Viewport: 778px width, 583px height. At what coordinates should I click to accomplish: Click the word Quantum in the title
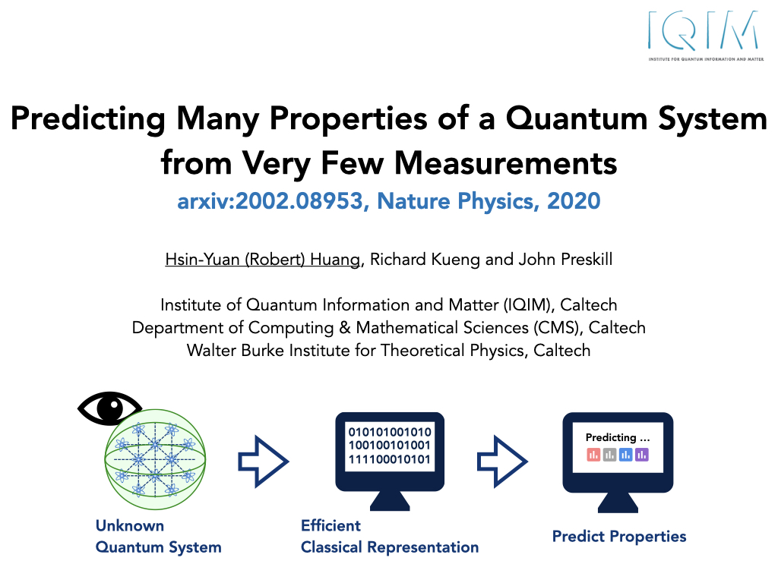click(577, 119)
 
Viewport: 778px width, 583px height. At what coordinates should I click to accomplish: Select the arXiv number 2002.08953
click(299, 200)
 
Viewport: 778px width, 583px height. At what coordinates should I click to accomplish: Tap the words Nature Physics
click(456, 201)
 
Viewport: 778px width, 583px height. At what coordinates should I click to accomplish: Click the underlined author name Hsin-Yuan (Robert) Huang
click(262, 260)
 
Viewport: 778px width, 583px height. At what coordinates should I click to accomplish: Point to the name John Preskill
click(565, 260)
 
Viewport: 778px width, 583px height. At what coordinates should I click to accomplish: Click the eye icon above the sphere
click(109, 408)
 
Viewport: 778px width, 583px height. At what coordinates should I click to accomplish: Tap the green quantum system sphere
click(155, 459)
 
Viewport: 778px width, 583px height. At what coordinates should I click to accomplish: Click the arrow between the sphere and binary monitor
click(264, 462)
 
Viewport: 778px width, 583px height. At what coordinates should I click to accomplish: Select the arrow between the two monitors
click(502, 462)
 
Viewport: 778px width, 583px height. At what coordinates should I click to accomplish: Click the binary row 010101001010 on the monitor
click(390, 432)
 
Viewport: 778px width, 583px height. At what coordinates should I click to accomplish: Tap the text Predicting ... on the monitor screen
click(617, 437)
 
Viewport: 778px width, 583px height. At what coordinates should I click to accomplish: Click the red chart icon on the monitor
click(593, 454)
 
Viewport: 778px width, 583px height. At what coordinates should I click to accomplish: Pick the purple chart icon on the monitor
click(641, 454)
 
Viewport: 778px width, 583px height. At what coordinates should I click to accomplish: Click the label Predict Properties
click(619, 537)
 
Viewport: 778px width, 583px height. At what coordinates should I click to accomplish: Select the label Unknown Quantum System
click(158, 537)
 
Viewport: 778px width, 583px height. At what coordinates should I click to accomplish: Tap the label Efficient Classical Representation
click(390, 537)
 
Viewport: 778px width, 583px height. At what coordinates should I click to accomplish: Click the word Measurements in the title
click(505, 163)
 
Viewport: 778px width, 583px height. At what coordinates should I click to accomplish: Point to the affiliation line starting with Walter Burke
click(388, 351)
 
